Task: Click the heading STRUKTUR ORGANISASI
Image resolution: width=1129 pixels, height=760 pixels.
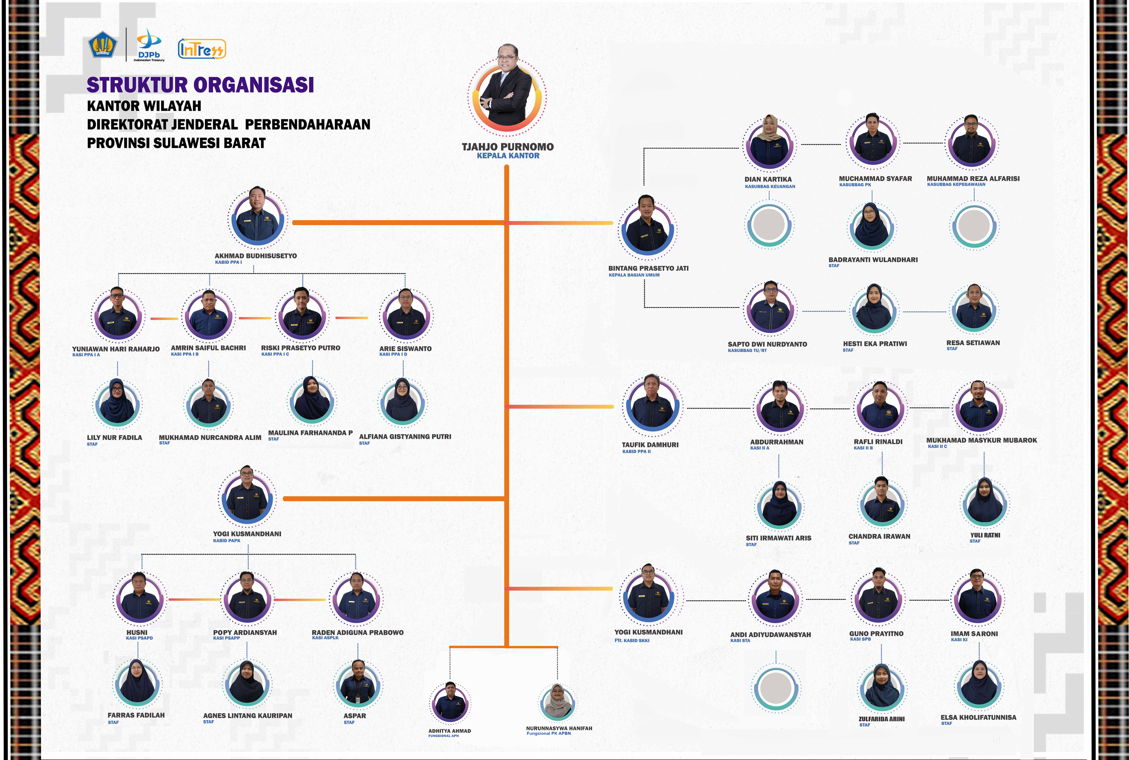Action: [x=200, y=85]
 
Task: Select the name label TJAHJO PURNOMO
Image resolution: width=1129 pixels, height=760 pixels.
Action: [x=508, y=146]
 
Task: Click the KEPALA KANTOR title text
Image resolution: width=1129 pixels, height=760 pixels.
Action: [x=508, y=156]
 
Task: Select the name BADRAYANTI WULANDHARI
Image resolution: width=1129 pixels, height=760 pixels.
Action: [x=873, y=260]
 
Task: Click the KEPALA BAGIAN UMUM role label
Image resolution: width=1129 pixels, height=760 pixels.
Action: [x=634, y=275]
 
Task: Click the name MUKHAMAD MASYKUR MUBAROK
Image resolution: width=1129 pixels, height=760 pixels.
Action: [x=982, y=440]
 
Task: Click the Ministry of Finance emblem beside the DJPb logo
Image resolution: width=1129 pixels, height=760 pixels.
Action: [x=102, y=45]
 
